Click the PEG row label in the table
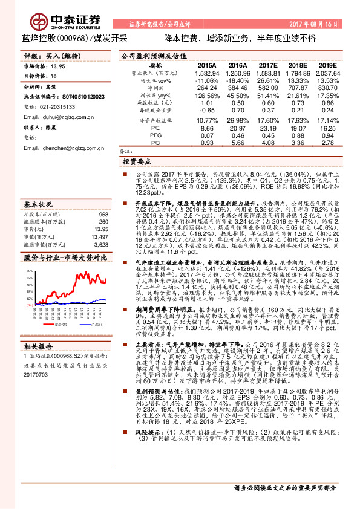click(x=155, y=135)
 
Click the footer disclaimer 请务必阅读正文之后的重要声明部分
click(x=284, y=487)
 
